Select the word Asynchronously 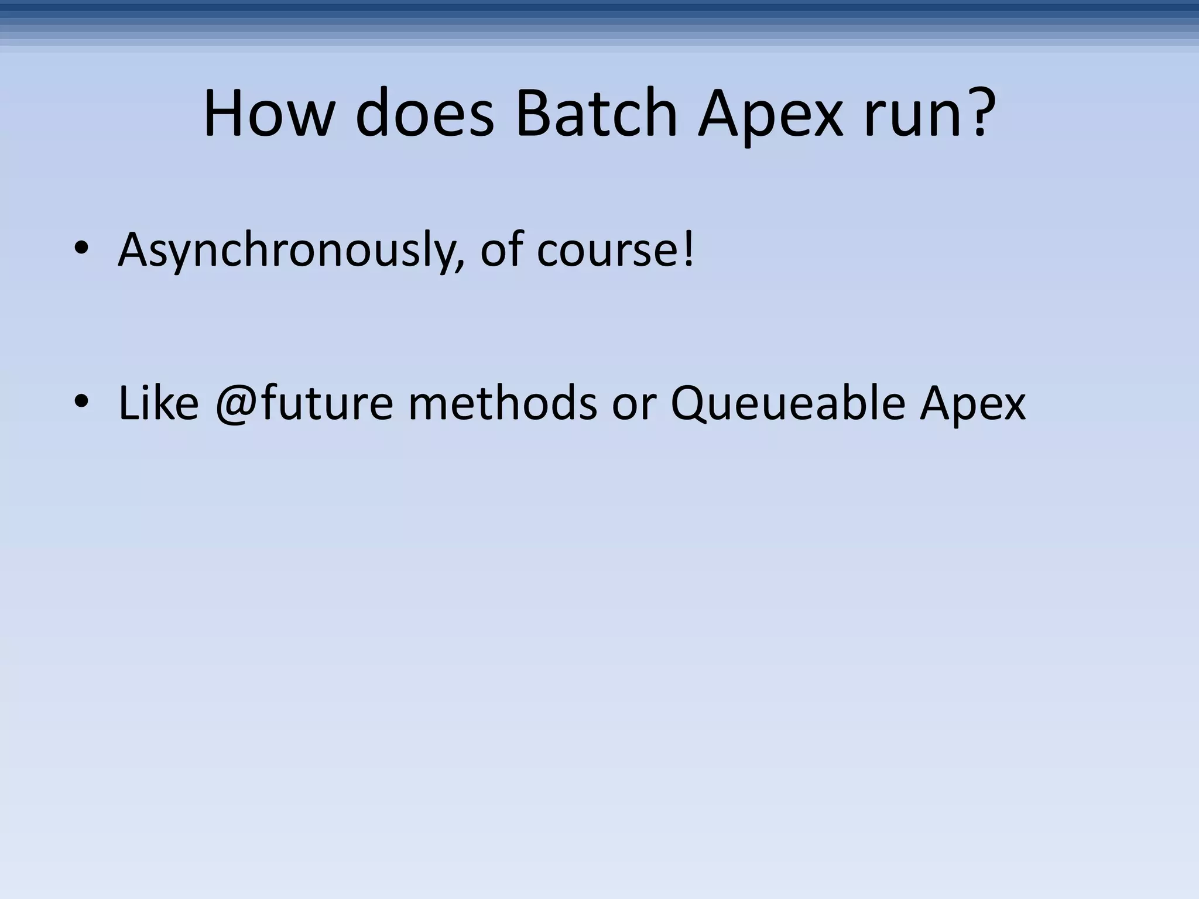286,251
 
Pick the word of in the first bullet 501,249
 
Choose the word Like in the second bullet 159,403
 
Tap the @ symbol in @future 237,405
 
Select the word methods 503,403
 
